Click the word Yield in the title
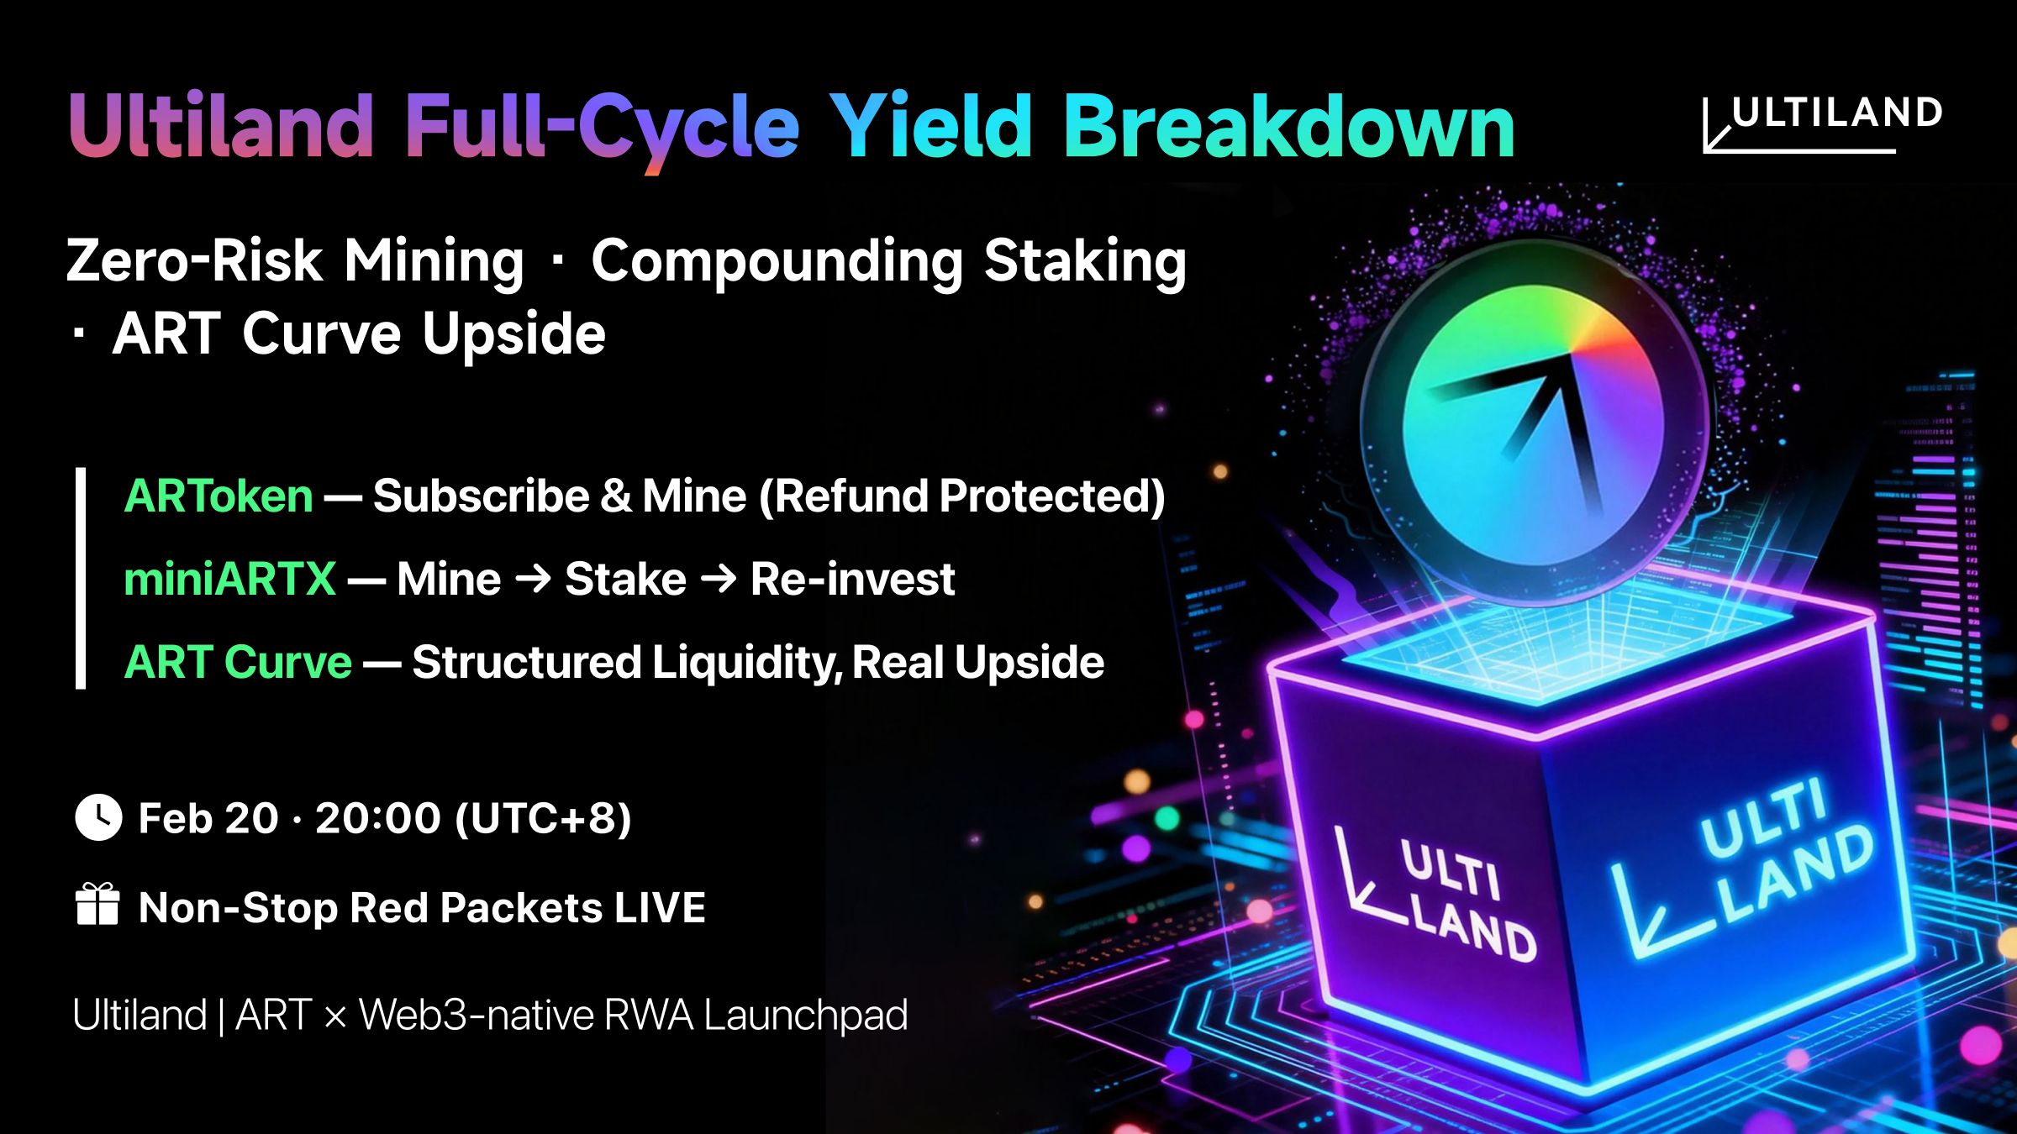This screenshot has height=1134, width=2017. coord(931,126)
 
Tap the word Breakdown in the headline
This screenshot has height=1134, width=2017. coord(1289,126)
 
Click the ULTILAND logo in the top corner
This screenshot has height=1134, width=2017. coord(1822,124)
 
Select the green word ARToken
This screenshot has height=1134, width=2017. coord(219,496)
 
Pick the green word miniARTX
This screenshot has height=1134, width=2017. coord(229,579)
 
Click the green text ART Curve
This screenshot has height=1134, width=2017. coord(238,662)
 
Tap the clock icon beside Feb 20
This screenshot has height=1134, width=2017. coord(98,817)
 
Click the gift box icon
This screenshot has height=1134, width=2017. coord(97,905)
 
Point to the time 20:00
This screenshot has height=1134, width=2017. coord(377,818)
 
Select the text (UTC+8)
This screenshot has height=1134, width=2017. coord(543,819)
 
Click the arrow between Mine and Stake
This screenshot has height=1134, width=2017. coord(533,579)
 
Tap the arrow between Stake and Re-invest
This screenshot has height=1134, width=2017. coord(719,579)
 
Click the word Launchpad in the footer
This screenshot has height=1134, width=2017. coord(805,1016)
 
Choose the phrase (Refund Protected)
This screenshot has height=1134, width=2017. coord(962,496)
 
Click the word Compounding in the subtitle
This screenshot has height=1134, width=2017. coord(777,261)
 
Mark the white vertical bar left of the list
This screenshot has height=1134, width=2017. coord(81,579)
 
